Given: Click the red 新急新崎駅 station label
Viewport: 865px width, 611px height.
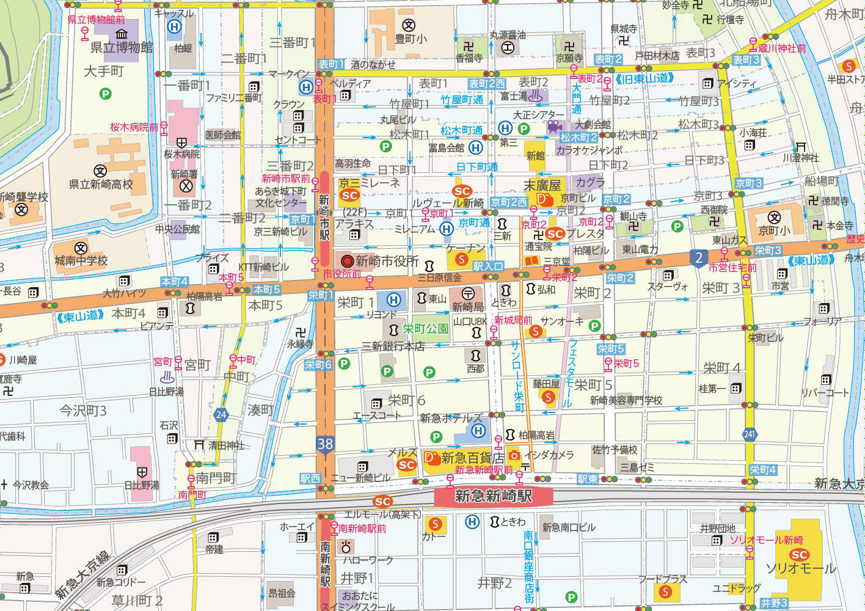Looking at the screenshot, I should coord(494,496).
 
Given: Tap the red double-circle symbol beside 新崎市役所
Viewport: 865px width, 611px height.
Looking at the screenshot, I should coord(348,262).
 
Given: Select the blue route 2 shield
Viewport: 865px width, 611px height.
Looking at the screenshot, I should coord(699,258).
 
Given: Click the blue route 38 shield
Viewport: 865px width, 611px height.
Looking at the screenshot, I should coord(325,444).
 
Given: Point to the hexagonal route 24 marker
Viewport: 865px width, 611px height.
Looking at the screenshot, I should coord(221,415).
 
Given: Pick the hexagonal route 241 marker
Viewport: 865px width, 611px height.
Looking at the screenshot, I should coord(750,434).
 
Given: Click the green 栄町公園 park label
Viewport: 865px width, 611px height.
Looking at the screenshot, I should coord(426,329).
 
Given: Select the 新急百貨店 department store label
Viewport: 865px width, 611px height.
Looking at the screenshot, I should coord(473,458).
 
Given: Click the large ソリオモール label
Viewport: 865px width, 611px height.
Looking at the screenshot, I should coord(801,568).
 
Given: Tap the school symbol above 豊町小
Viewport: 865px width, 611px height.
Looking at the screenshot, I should coord(408,25).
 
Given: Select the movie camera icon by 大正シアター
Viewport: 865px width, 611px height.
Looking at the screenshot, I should coord(554,126).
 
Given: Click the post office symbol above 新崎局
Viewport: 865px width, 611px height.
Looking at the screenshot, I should coord(467,294).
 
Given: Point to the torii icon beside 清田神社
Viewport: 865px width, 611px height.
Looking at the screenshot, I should coord(199,445).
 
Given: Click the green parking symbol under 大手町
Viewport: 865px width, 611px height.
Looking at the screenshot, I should coord(105,93).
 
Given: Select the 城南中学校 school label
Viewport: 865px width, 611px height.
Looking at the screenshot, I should coord(81,261).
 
